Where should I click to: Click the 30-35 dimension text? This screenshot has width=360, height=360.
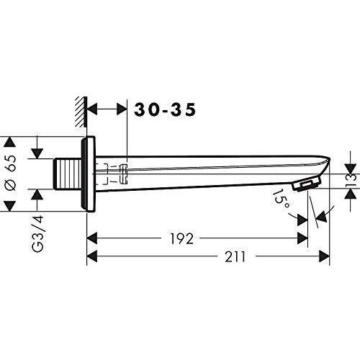(165, 110)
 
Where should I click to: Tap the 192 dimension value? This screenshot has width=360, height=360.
(181, 238)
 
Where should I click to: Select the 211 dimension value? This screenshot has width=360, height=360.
(235, 256)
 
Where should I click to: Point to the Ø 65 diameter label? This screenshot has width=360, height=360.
(11, 174)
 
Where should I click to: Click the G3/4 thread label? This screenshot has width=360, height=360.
(37, 233)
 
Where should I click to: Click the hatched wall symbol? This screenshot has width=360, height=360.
(81, 112)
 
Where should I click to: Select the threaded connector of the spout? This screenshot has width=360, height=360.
(66, 174)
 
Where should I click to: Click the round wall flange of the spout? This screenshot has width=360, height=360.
(89, 174)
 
